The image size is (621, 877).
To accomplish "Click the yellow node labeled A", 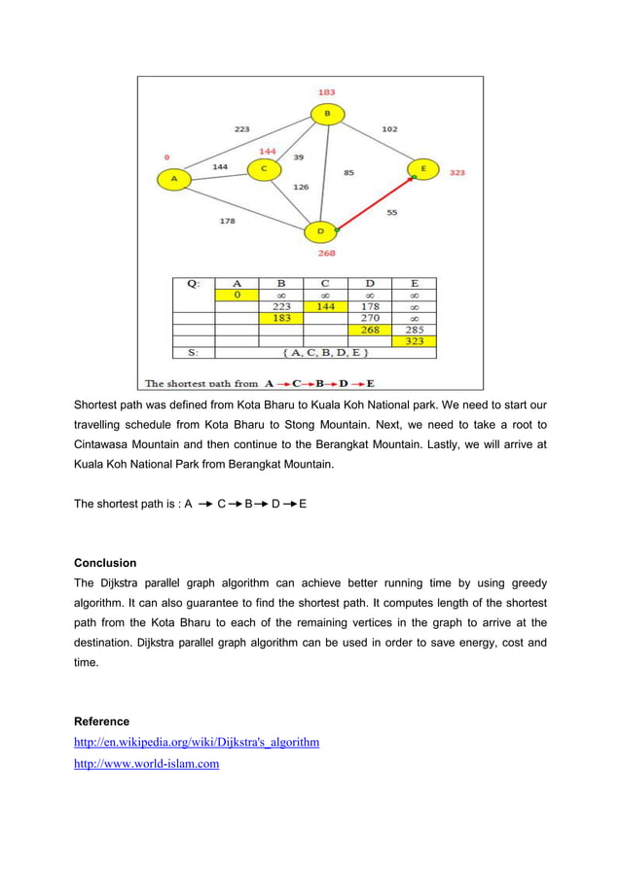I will coord(174,179).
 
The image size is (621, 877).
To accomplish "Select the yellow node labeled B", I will coord(327,115).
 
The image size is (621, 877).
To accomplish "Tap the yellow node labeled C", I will coord(262,170).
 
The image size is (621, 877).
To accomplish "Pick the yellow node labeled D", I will coord(320,231).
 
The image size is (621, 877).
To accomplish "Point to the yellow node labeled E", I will coord(422,169).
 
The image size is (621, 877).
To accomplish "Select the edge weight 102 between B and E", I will coord(389,128).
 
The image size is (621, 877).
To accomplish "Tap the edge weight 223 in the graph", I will coord(241,128).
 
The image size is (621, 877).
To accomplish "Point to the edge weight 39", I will coord(298,157).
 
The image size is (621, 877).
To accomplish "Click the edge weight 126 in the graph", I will coord(301,187).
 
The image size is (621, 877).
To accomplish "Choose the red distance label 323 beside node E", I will coord(457,172).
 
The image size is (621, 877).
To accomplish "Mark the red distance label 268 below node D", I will coord(326,253).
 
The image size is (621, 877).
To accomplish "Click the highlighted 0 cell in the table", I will coord(237,294).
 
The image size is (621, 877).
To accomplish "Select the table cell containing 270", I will coord(370,317).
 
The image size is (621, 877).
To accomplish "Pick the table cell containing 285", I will coord(414,329).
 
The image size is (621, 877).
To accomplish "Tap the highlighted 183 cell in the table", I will coord(281,317).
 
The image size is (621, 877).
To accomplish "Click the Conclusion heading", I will coord(105,563).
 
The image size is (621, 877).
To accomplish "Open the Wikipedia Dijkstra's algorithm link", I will coord(197,743).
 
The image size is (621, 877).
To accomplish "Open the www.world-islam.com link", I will coord(146,764).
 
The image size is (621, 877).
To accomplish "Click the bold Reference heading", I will coord(101,721).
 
